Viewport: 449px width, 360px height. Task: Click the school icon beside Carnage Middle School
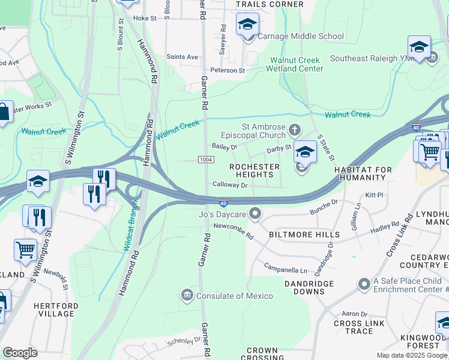[x=247, y=26]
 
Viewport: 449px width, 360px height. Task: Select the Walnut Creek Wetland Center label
[x=295, y=64]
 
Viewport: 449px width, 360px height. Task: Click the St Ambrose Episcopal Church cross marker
[x=294, y=129]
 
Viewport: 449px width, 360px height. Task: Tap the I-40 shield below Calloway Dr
[x=223, y=203]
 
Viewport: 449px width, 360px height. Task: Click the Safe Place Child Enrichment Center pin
[x=363, y=283]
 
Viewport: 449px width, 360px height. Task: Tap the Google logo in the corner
[x=20, y=353]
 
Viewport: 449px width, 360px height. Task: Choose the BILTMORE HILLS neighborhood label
[x=304, y=235]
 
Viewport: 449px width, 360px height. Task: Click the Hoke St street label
[x=145, y=19]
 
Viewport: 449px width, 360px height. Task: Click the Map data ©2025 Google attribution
[x=411, y=355]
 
